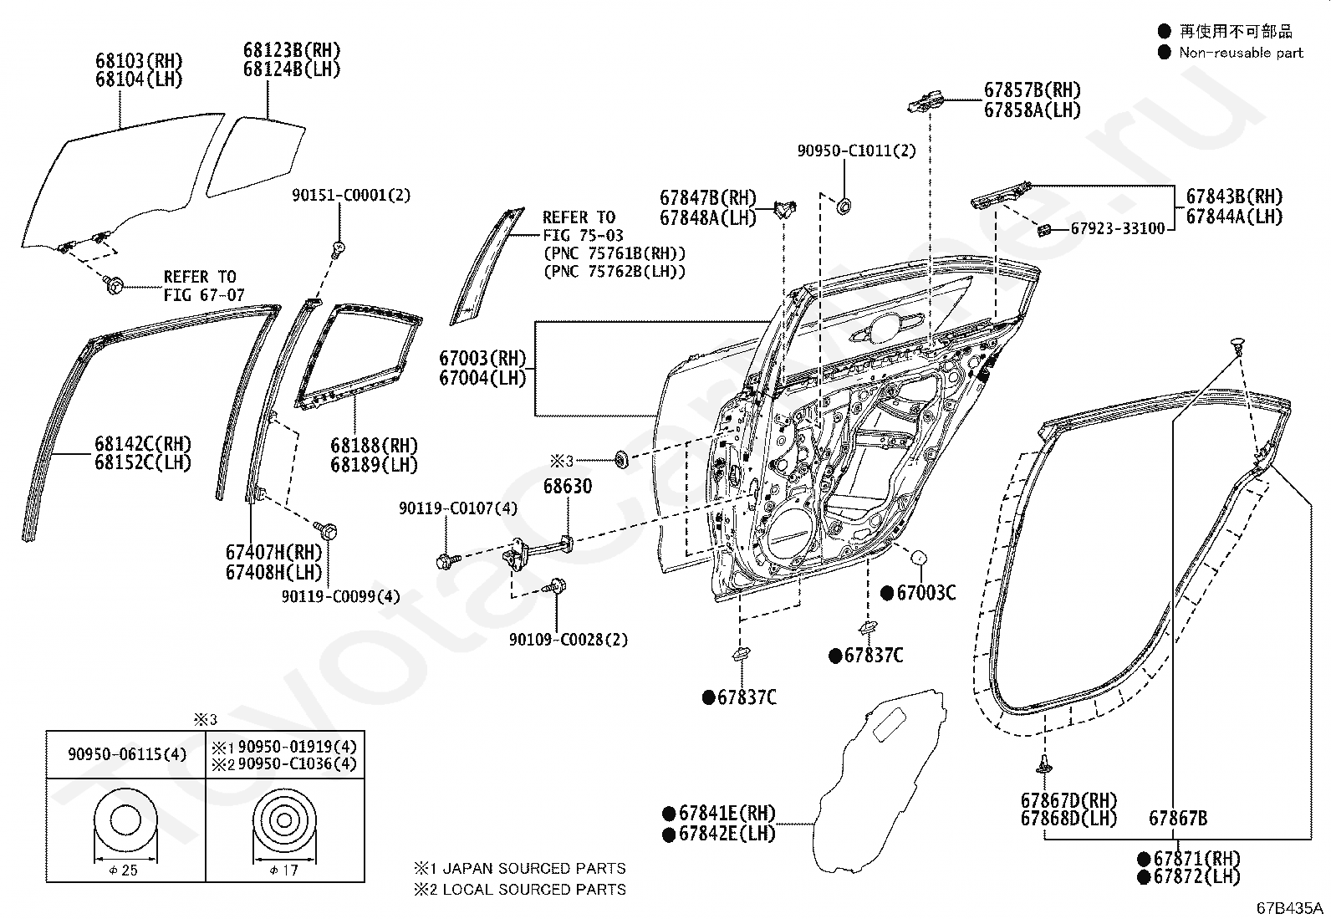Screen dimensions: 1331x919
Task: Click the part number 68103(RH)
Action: click(139, 61)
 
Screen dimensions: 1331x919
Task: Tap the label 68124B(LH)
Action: click(292, 69)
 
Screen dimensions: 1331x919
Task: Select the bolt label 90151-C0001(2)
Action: click(351, 195)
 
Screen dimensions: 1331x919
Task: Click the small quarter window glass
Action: click(256, 156)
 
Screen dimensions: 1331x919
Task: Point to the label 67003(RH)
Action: click(482, 359)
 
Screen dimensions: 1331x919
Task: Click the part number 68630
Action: click(568, 486)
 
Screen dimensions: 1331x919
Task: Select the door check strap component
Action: click(538, 551)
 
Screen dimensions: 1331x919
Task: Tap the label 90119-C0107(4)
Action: click(458, 508)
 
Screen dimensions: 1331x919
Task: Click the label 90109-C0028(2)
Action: click(569, 640)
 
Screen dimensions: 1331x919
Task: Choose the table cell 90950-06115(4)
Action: click(126, 754)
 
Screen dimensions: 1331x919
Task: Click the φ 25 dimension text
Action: click(124, 870)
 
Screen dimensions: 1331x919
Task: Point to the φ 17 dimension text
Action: click(283, 870)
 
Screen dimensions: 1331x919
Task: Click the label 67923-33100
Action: click(1118, 229)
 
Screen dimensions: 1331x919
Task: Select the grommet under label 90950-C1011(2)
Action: click(844, 207)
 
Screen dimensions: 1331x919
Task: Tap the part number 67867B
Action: click(1178, 819)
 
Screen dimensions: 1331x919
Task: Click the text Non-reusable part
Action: click(1241, 53)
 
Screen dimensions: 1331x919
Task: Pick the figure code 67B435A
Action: click(1289, 907)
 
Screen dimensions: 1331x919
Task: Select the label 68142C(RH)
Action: click(143, 444)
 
